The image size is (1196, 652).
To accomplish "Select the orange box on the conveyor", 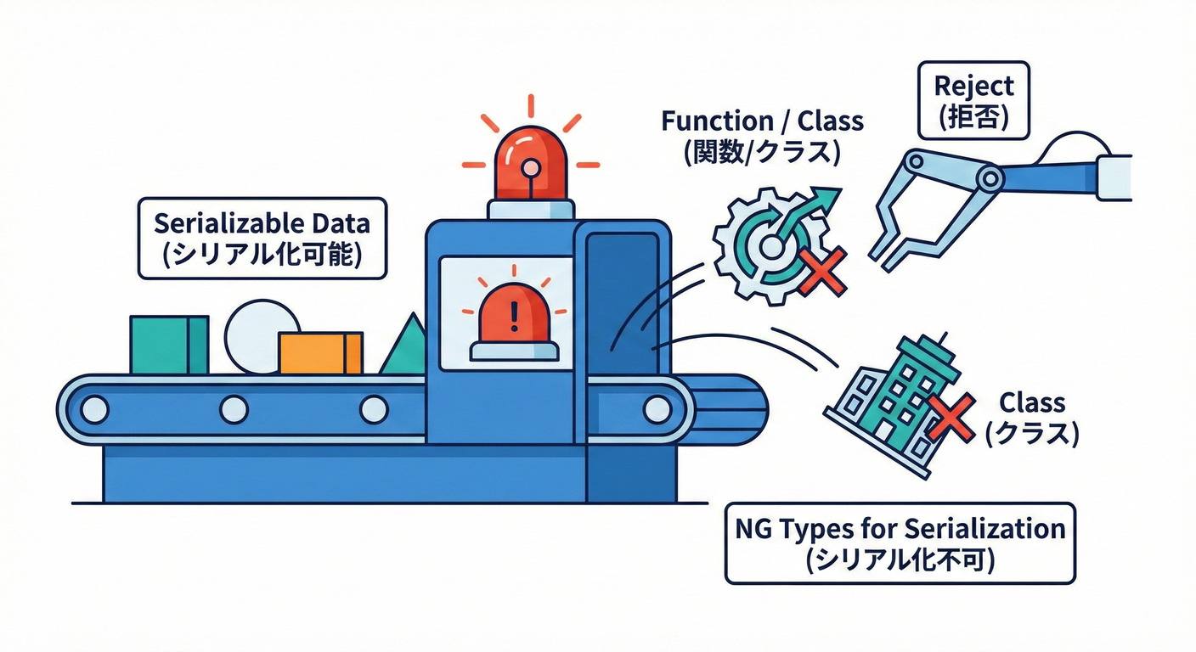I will coord(320,352).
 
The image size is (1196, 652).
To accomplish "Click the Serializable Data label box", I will coord(262,239).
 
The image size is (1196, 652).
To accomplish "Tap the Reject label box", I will coord(973,100).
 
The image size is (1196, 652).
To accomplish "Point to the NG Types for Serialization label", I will coord(900,543).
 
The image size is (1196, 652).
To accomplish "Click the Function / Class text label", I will coord(762,136).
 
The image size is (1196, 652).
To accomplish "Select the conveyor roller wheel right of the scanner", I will coord(657,410).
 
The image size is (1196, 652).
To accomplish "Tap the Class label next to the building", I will coord(1031,417).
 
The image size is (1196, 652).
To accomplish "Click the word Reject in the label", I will coord(973,86).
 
